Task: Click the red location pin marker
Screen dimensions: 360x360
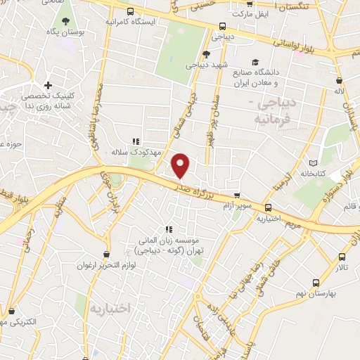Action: click(x=181, y=165)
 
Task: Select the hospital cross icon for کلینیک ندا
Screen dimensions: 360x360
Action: click(x=48, y=84)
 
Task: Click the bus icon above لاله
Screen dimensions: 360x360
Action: click(x=340, y=81)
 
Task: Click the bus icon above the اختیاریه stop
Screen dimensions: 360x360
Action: click(x=268, y=207)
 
